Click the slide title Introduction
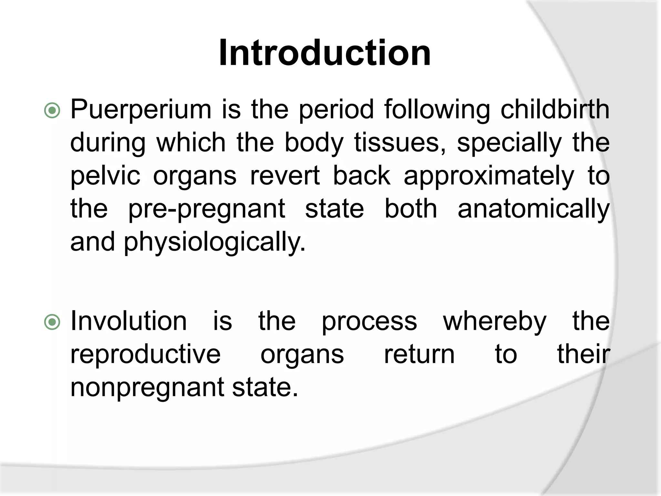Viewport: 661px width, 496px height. click(325, 53)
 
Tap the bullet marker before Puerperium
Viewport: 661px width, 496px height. click(52, 111)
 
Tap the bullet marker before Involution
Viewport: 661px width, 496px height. click(52, 322)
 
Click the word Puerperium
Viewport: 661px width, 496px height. click(141, 110)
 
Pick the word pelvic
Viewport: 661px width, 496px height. click(105, 176)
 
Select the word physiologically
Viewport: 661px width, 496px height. click(215, 243)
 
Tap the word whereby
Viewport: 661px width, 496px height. click(494, 322)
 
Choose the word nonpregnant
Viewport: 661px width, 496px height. click(147, 388)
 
